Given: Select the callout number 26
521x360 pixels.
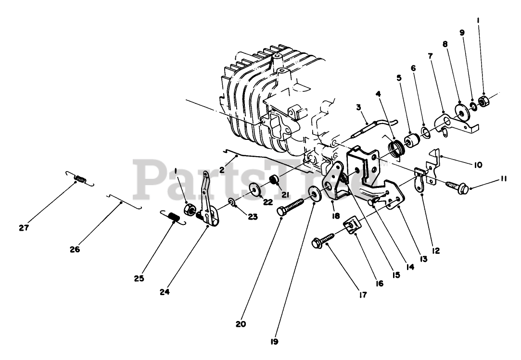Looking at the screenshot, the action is [75, 249].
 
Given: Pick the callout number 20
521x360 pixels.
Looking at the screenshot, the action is [241, 324].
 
